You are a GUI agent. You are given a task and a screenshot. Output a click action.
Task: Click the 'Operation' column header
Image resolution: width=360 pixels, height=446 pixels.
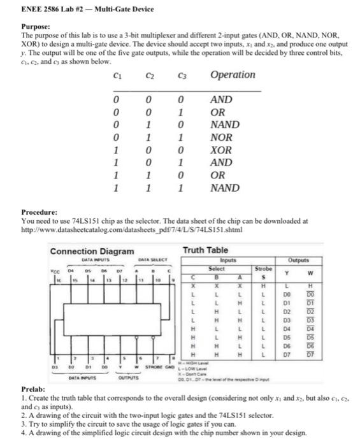pos(232,75)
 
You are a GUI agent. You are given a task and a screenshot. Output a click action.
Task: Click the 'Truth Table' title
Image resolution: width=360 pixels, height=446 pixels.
pos(205,250)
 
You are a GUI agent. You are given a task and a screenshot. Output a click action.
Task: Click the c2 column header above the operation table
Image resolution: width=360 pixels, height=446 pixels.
pos(148,75)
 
